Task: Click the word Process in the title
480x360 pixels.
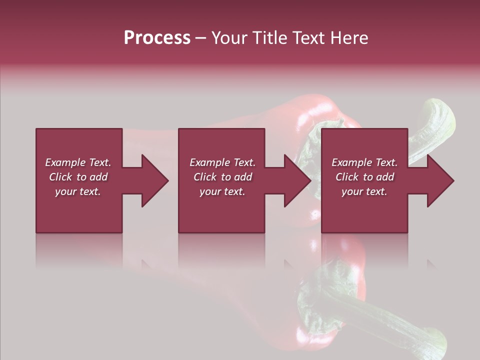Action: pyautogui.click(x=157, y=38)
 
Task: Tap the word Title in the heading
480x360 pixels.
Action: pyautogui.click(x=270, y=38)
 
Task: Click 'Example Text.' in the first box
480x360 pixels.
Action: pyautogui.click(x=78, y=162)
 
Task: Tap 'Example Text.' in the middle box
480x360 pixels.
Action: pyautogui.click(x=222, y=162)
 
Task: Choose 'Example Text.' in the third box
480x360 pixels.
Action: pyautogui.click(x=364, y=162)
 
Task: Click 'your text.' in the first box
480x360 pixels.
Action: pyautogui.click(x=78, y=191)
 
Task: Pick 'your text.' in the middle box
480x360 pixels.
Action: pyautogui.click(x=222, y=191)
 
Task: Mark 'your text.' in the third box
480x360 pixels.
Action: pyautogui.click(x=364, y=191)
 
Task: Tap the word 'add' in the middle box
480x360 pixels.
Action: pyautogui.click(x=242, y=177)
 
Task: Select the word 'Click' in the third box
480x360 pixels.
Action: pyautogui.click(x=347, y=177)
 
